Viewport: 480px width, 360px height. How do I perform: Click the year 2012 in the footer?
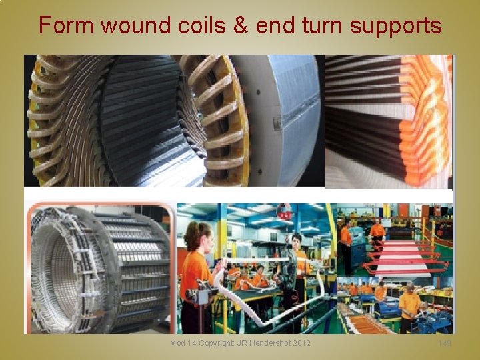point(299,343)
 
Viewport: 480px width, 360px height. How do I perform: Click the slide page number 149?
point(445,343)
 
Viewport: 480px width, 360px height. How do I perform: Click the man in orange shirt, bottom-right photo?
point(409,307)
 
